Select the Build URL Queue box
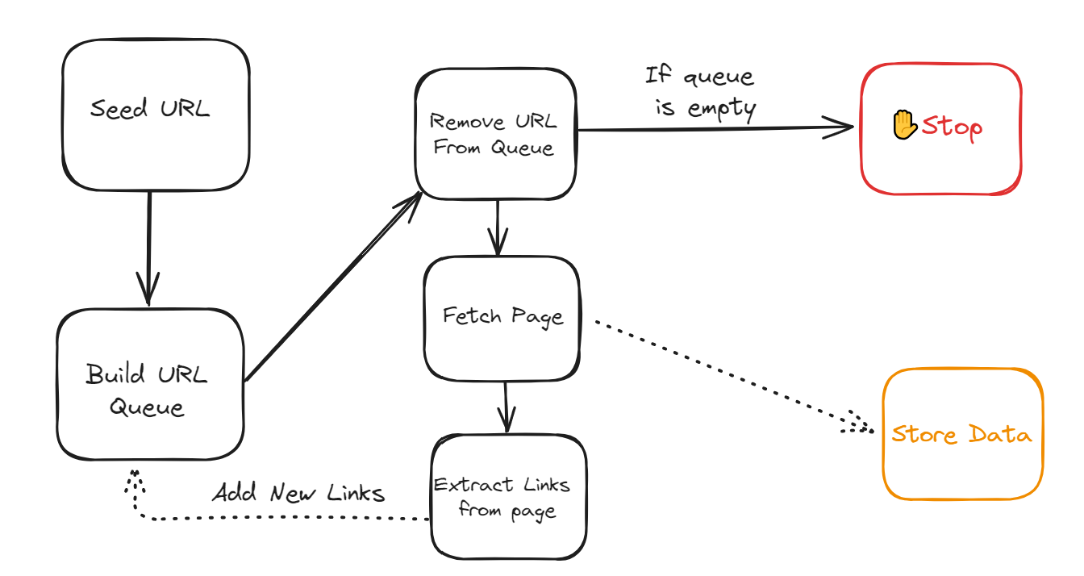pos(150,385)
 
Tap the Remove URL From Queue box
pos(496,135)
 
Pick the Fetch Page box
pos(502,319)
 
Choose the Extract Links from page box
pos(508,497)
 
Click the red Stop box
pos(940,129)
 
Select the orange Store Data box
pos(961,434)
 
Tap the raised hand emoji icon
pos(904,125)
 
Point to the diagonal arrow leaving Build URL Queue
pos(332,288)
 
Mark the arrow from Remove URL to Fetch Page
pos(497,227)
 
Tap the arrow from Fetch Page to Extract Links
pos(506,407)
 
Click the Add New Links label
pos(298,493)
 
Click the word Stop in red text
pos(952,127)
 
